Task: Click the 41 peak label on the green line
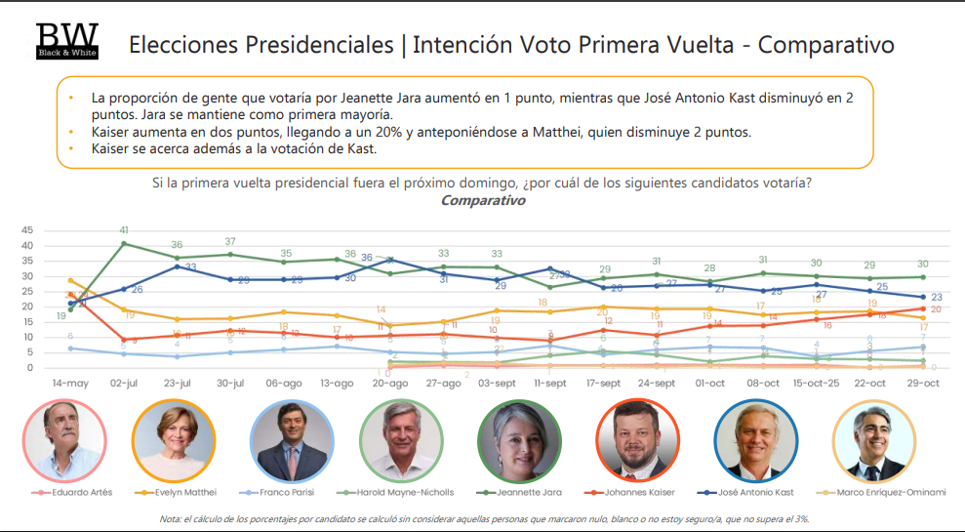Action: point(124,230)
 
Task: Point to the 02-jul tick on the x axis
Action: point(123,384)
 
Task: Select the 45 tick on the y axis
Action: point(26,230)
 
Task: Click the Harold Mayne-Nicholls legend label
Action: point(403,492)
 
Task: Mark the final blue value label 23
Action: point(936,298)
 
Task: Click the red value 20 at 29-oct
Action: point(936,309)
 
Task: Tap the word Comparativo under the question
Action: point(482,200)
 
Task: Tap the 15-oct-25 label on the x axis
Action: point(816,384)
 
